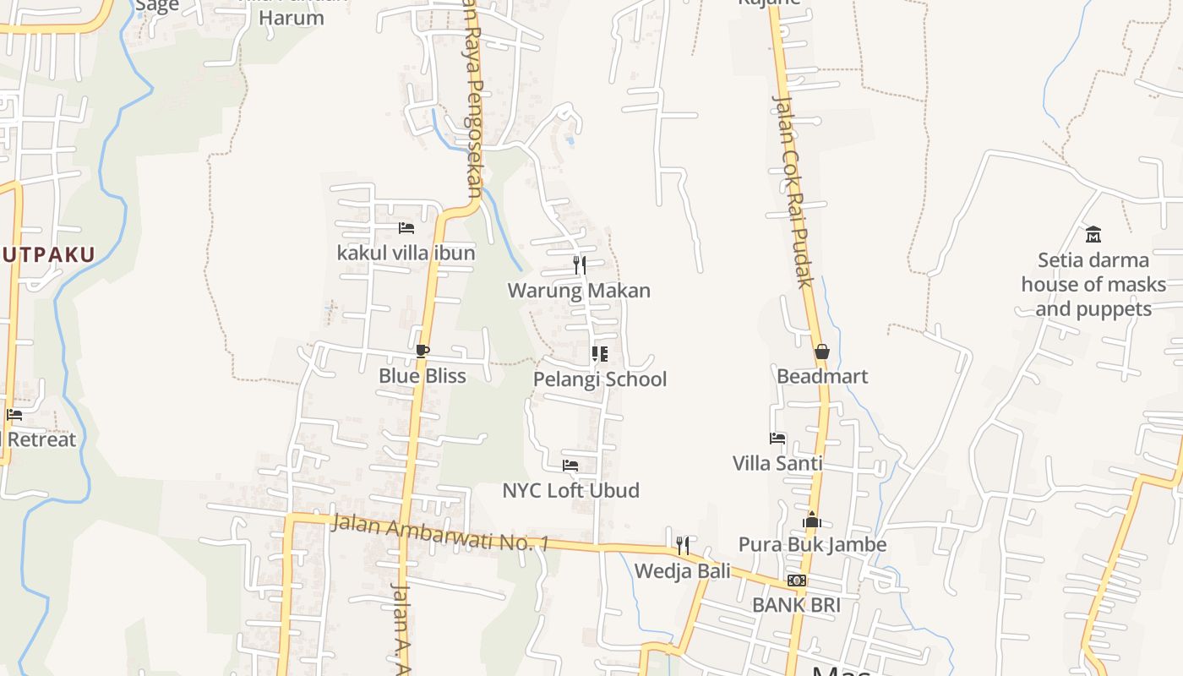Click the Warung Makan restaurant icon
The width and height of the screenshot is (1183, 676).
(x=579, y=265)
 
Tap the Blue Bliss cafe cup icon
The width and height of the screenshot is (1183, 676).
(x=422, y=352)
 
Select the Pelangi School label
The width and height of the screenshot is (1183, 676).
(x=600, y=379)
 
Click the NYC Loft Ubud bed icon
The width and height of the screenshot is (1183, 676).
(x=570, y=466)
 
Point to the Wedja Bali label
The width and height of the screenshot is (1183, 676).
(x=683, y=571)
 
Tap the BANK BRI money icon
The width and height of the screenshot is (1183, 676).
(x=796, y=581)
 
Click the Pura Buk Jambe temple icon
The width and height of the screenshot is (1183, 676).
(x=812, y=520)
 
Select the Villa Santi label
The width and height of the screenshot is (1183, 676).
(x=777, y=463)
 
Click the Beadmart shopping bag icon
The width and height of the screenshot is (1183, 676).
(x=821, y=352)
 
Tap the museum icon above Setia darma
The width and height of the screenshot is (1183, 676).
(x=1093, y=234)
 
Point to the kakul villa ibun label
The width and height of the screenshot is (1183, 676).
(x=406, y=253)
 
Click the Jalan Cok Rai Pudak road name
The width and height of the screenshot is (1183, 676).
(x=793, y=191)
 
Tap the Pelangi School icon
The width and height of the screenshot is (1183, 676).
(x=599, y=354)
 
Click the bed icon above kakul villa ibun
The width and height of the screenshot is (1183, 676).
(x=406, y=228)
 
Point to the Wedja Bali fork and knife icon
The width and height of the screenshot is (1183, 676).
(x=683, y=546)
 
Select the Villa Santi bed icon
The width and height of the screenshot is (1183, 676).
(x=777, y=439)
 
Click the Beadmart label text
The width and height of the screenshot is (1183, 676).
(x=822, y=376)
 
